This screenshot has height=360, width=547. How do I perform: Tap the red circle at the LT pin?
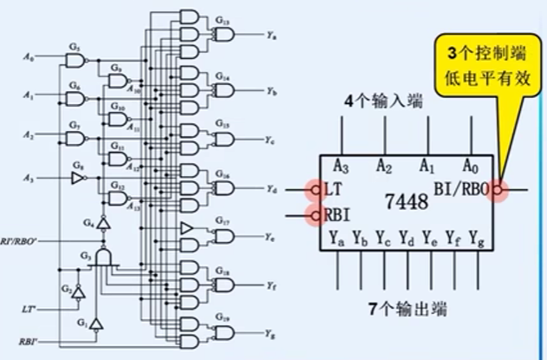pos(315,188)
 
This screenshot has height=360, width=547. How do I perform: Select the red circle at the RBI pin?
pos(315,215)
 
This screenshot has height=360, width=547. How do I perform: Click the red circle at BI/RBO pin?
pos(495,188)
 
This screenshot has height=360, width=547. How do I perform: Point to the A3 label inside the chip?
pos(342,165)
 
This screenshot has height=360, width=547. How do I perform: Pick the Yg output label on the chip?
pos(476,238)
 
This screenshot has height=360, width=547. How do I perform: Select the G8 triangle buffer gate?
pos(78,177)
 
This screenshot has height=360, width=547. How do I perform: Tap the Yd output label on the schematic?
pos(272,188)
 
